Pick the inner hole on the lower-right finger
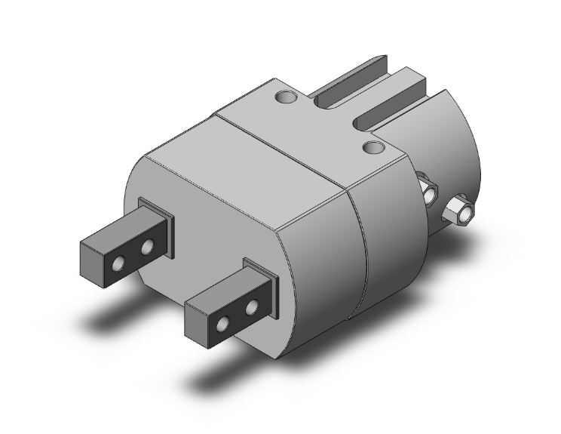coord(251,306)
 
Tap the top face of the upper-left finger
coord(121,229)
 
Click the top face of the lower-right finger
coord(226,291)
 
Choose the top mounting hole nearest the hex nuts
coord(371,146)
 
